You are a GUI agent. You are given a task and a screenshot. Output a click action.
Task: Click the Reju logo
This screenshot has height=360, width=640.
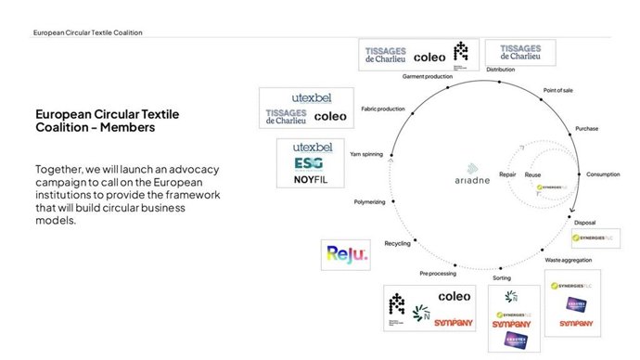point(345,253)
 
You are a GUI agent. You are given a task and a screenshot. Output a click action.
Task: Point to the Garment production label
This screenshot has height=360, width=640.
point(427,75)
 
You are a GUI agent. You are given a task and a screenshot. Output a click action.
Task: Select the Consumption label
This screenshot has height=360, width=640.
point(602,174)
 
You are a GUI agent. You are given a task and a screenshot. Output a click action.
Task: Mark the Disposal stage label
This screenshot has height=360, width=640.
point(585,223)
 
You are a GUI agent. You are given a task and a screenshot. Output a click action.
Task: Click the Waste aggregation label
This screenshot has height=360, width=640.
point(565,261)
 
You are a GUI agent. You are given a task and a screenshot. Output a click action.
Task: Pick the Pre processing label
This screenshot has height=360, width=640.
point(436,274)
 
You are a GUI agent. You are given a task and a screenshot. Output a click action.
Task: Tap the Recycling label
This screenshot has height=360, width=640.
point(397,243)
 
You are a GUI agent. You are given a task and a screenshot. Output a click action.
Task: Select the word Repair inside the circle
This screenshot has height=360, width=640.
point(507,174)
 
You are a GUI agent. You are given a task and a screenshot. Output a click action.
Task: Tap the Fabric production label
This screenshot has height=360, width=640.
point(383,109)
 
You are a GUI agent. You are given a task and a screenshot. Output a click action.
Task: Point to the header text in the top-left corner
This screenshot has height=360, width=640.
point(87,32)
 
